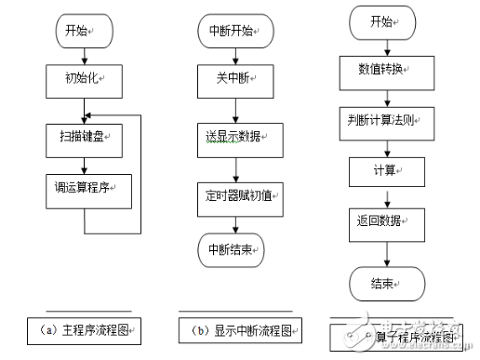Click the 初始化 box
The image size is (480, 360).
85,79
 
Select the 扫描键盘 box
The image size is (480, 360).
85,136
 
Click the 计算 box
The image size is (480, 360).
383,172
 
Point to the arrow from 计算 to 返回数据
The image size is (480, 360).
383,198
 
